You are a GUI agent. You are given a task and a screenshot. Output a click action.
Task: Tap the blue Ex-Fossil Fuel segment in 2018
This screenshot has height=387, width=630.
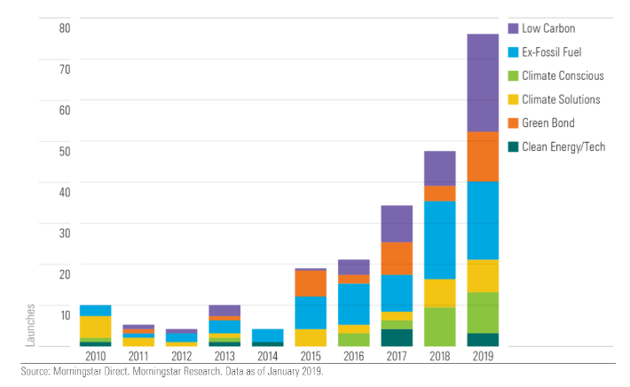[439, 240]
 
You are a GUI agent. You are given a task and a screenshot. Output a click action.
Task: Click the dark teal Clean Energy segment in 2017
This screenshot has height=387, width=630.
[396, 337]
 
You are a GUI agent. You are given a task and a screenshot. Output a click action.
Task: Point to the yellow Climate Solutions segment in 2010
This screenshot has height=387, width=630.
[95, 327]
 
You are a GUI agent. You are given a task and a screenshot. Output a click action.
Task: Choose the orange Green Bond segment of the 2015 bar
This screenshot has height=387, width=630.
[310, 283]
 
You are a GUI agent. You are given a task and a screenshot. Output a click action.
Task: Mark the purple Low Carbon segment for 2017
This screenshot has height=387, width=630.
[396, 224]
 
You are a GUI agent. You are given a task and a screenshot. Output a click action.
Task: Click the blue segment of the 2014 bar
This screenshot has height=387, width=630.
[267, 336]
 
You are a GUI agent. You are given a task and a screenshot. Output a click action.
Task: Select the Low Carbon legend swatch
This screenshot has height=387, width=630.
[514, 28]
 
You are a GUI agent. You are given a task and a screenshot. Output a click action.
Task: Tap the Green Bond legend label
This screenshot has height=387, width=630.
[548, 122]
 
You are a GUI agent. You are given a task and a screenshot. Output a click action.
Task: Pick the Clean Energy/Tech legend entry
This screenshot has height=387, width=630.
[563, 146]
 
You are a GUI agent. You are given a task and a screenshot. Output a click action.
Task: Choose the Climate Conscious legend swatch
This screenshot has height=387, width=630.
[514, 75]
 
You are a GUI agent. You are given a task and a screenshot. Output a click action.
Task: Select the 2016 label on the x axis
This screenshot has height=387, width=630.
[353, 356]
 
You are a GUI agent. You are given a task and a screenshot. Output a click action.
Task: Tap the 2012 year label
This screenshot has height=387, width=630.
[181, 356]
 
